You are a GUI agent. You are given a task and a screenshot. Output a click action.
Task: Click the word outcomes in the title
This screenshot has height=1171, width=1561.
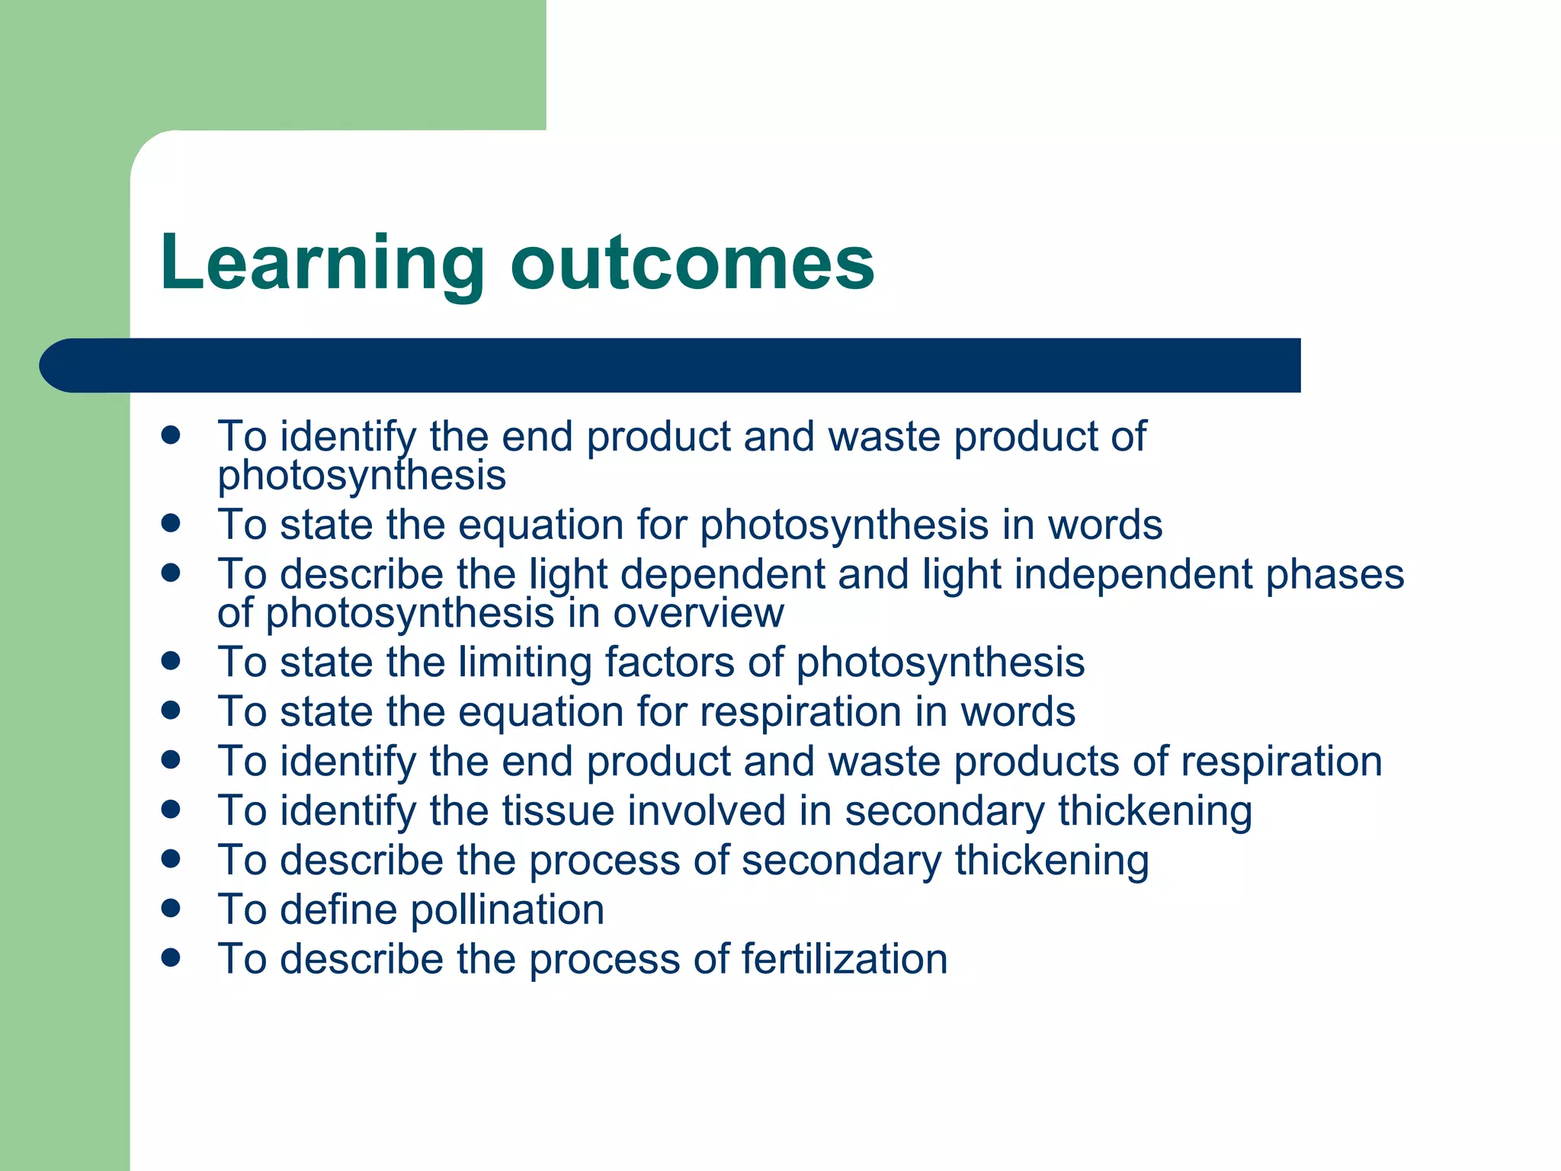pos(692,264)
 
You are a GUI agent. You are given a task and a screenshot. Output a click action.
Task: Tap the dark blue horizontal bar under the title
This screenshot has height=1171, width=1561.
pos(671,365)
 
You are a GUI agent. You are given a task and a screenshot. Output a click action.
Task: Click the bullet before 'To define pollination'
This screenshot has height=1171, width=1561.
pos(171,907)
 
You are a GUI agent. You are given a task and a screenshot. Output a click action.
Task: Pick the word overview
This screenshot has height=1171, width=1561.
pos(698,613)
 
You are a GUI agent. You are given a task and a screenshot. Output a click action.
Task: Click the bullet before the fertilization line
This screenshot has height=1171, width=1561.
pos(171,957)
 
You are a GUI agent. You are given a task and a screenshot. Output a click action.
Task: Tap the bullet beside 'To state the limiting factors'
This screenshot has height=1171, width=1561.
pos(171,660)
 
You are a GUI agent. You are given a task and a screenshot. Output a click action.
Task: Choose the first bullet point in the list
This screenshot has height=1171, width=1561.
pos(171,435)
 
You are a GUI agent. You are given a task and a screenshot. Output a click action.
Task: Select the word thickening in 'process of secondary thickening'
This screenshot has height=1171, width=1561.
pos(1052,860)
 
